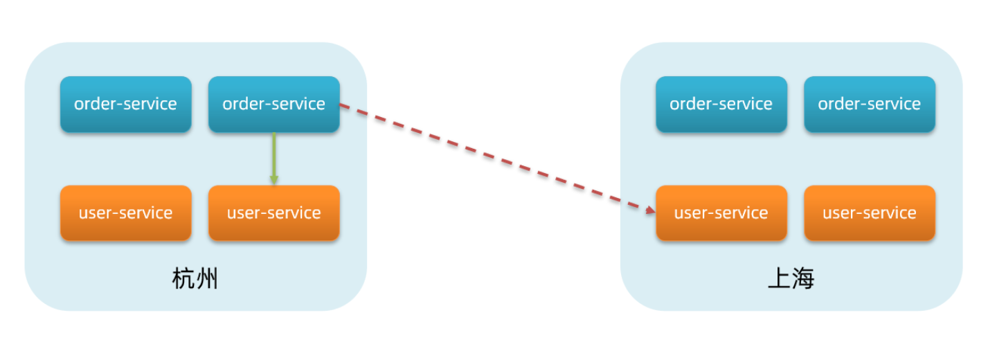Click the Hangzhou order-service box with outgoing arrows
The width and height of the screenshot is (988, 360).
coord(273,104)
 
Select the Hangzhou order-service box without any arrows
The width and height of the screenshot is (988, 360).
coord(125,104)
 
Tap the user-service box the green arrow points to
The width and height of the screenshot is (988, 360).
coord(273,213)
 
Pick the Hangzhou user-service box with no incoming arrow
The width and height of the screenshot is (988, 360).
coord(125,213)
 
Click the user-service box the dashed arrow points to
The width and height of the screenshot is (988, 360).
coord(721,213)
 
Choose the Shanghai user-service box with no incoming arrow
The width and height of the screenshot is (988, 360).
coord(869,213)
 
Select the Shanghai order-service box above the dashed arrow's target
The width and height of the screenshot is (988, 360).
coord(721,104)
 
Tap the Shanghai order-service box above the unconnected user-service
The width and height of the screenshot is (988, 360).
coord(869,104)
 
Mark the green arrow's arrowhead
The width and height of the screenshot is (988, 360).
coord(274,180)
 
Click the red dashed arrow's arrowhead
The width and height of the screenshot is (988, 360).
coord(649,209)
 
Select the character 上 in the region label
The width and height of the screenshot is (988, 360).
coord(779,279)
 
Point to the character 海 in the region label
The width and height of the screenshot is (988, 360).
coord(803,279)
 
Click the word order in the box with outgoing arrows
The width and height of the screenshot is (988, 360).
coord(240,104)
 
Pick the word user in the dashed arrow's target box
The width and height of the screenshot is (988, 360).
coord(690,213)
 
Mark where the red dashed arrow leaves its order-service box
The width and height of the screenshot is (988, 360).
coord(340,105)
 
